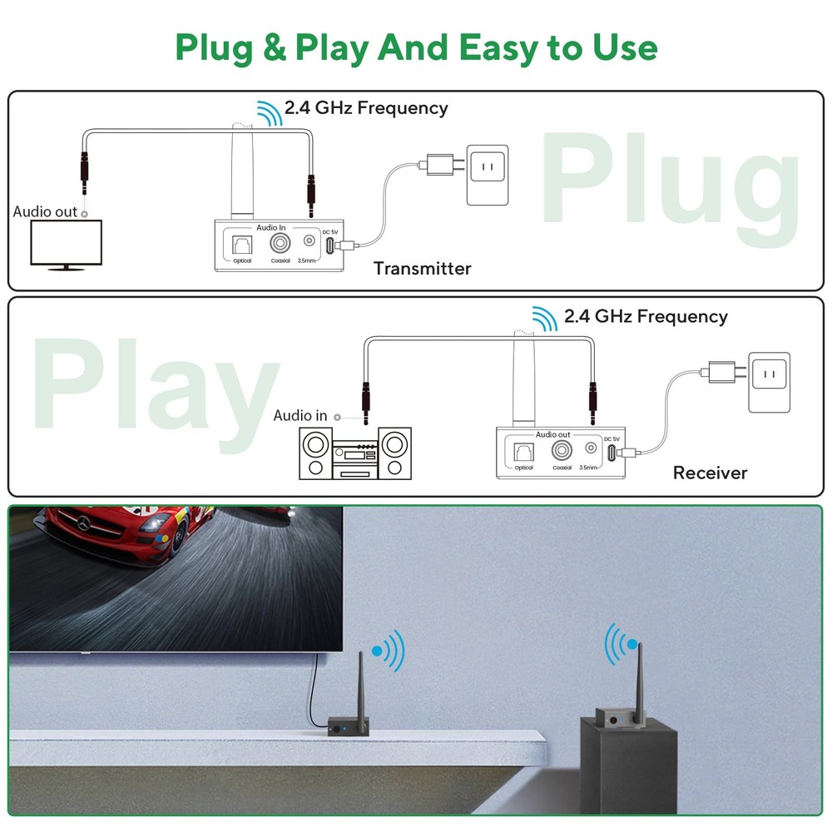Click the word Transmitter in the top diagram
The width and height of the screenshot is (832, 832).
[422, 269]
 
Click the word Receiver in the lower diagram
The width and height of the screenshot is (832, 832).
[710, 473]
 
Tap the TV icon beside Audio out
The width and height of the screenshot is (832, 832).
[66, 243]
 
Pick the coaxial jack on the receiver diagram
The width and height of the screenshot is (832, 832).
[562, 451]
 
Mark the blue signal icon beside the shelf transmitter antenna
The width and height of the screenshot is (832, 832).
[389, 650]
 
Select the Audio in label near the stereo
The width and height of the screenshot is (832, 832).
[300, 415]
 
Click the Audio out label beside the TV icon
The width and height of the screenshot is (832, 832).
[45, 211]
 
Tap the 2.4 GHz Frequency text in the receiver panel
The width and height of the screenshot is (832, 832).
[645, 316]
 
